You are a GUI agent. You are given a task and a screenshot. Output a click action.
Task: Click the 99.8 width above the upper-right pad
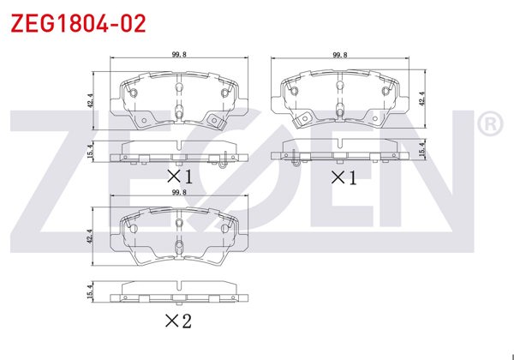pos(340,54)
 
